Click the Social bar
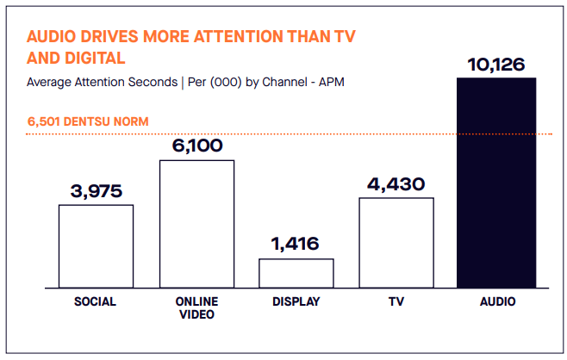(x=97, y=246)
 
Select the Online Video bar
(x=197, y=224)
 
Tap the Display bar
(x=296, y=273)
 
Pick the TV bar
(x=396, y=243)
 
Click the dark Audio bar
(x=496, y=183)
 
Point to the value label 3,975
(x=97, y=191)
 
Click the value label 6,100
(x=197, y=146)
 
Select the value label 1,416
(x=295, y=244)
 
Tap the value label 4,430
(x=396, y=184)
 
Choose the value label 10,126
(x=496, y=65)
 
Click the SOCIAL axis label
(x=95, y=301)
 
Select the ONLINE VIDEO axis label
(x=197, y=308)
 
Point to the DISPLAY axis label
(x=296, y=301)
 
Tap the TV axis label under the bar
(x=396, y=301)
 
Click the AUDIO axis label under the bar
(x=497, y=301)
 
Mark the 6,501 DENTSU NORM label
(x=88, y=121)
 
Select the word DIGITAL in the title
(x=96, y=58)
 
